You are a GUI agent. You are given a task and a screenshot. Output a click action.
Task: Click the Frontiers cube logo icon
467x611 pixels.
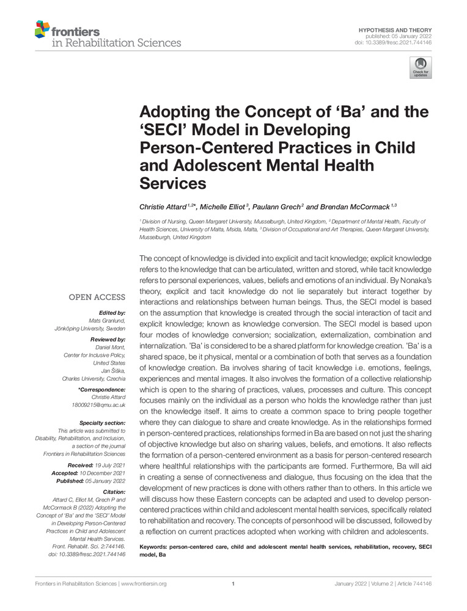pyautogui.click(x=42, y=29)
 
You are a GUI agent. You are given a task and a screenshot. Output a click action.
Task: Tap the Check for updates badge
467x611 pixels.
pyautogui.click(x=420, y=67)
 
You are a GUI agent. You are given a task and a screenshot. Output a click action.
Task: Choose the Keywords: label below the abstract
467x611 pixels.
pyautogui.click(x=154, y=546)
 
